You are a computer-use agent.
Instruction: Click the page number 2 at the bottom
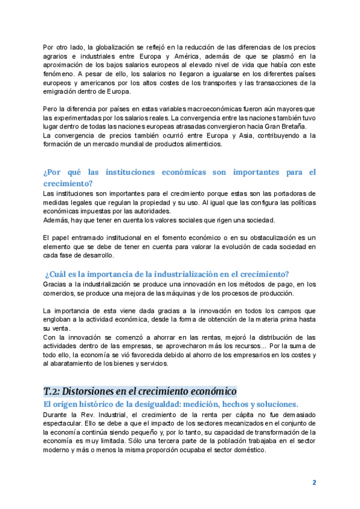click(x=314, y=482)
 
